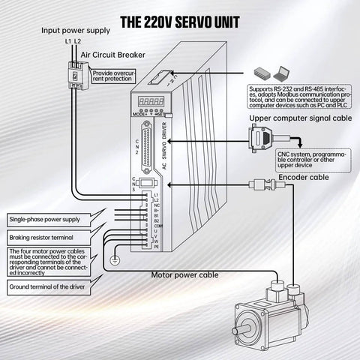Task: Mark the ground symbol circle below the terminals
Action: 113,261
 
